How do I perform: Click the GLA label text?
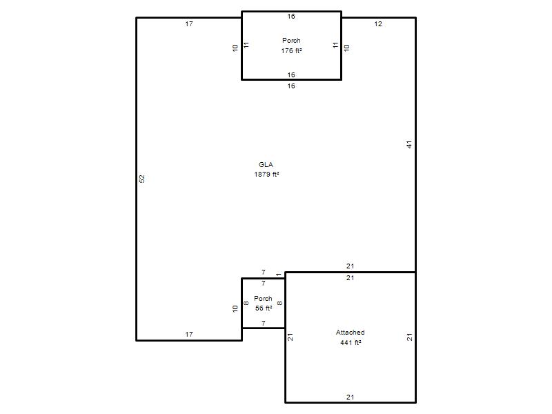(x=266, y=164)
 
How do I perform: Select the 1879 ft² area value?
(x=267, y=175)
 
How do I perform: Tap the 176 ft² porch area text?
(x=291, y=50)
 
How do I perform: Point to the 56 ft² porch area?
(x=264, y=308)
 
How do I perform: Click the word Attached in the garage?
(x=351, y=333)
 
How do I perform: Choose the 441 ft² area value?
(x=351, y=342)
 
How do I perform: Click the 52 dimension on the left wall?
(x=142, y=179)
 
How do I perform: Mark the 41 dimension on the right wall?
(x=409, y=144)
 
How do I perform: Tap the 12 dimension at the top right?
(x=378, y=24)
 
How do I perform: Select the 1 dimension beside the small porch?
(x=279, y=275)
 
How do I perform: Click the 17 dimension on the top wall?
(x=189, y=24)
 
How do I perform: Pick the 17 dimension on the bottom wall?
(x=189, y=335)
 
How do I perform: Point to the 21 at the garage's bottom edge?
(x=350, y=397)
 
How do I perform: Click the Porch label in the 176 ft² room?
(x=291, y=41)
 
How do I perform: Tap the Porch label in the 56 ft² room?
(x=264, y=299)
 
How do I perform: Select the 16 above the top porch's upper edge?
(x=291, y=16)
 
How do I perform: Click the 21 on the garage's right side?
(x=409, y=337)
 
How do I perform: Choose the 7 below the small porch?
(x=264, y=323)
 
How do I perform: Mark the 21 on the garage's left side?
(x=290, y=337)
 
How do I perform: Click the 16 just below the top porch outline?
(x=291, y=86)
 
